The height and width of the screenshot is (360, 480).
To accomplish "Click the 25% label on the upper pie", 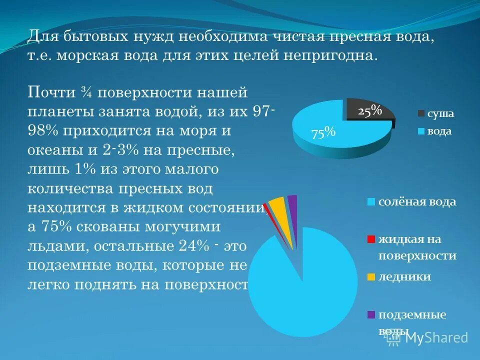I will [370, 111].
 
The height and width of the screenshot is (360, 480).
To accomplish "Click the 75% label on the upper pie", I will [323, 133].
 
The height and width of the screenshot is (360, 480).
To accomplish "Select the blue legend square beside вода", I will [420, 131].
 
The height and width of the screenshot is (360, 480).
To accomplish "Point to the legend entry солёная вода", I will [417, 202].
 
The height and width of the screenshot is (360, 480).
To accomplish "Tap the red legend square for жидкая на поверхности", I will [370, 239].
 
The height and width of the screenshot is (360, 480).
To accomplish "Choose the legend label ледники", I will [404, 276].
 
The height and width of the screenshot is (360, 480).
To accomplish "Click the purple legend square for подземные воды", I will [370, 315].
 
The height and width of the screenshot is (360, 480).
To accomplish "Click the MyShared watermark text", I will [436, 337].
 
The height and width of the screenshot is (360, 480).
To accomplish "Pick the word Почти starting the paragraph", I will [51, 93].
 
